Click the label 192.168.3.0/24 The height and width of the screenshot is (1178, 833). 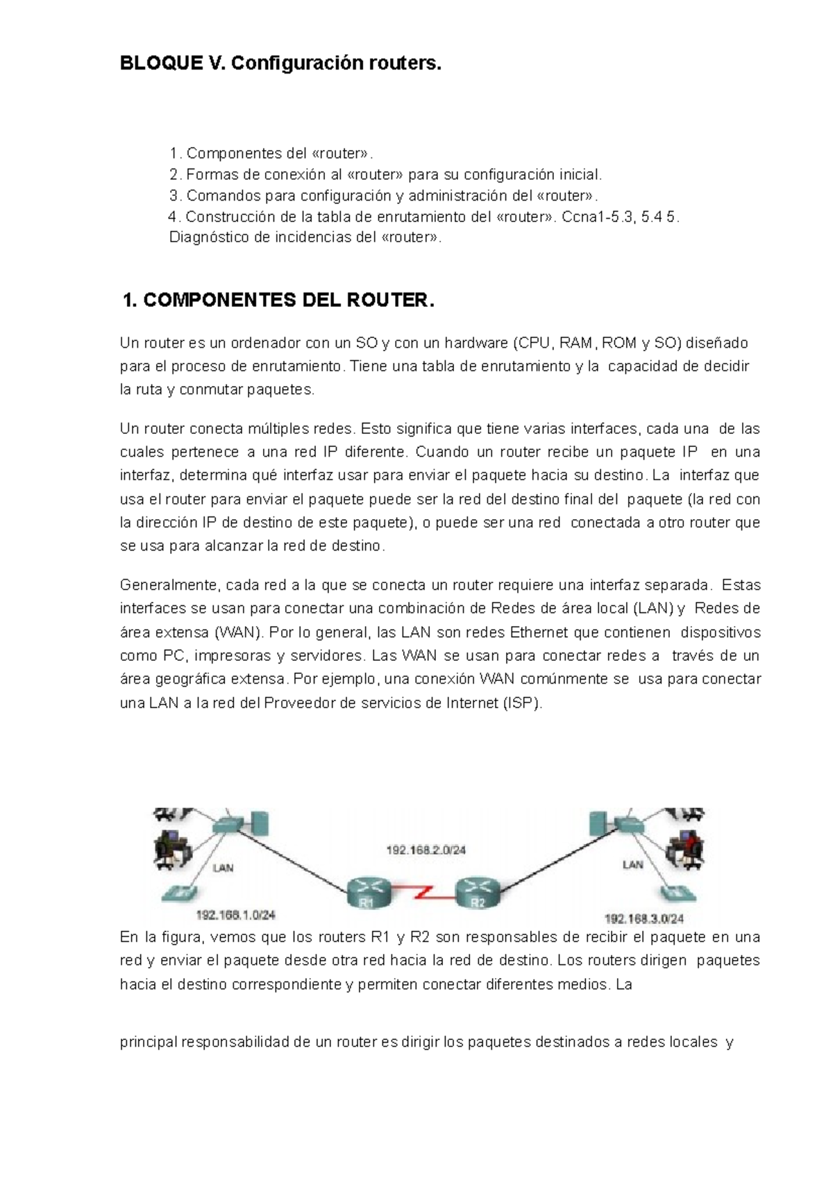644,918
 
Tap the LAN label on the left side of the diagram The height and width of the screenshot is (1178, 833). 223,867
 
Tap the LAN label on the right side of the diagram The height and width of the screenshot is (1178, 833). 632,864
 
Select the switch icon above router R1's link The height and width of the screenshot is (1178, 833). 228,825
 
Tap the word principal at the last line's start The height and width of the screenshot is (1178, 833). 148,1042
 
